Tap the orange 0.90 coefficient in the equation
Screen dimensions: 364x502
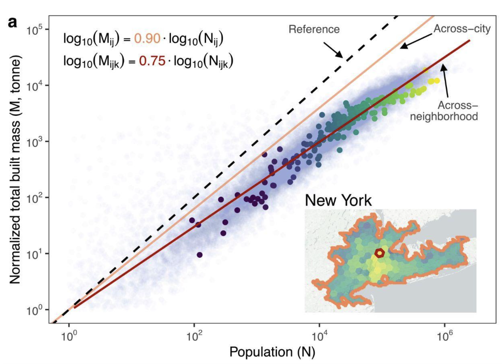pyautogui.click(x=147, y=39)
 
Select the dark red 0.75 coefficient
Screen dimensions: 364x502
pyautogui.click(x=152, y=61)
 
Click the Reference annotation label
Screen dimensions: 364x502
pyautogui.click(x=314, y=29)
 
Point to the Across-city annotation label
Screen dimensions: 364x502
pyautogui.click(x=462, y=29)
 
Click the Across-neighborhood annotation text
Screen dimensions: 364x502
pyautogui.click(x=444, y=111)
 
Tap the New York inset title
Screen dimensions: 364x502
pyautogui.click(x=338, y=200)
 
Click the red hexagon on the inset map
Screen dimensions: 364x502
pyautogui.click(x=380, y=253)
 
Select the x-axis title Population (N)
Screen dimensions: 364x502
pyautogui.click(x=272, y=352)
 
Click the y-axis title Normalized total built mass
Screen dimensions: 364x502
pyautogui.click(x=15, y=169)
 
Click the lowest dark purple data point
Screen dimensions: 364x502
pyautogui.click(x=200, y=255)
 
